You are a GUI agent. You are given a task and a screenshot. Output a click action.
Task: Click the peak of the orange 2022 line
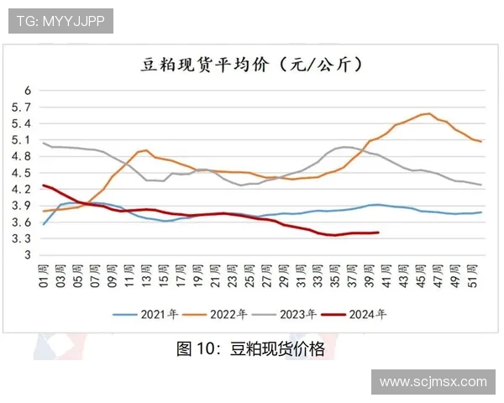tap(429, 113)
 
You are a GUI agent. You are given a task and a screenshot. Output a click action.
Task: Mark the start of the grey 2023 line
tap(43, 143)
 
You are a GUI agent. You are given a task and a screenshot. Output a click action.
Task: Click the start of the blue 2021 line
tap(43, 223)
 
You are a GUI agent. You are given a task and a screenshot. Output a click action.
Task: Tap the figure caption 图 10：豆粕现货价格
tap(250, 349)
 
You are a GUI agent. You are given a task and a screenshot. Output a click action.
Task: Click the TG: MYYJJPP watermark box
tap(60, 21)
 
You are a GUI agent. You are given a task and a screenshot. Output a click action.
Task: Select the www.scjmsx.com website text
tap(433, 381)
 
